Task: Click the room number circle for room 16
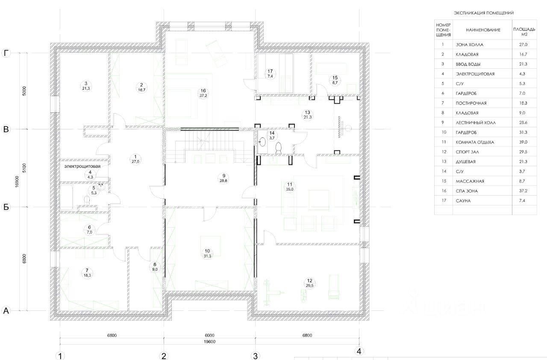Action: (203, 93)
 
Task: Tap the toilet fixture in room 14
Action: (278, 148)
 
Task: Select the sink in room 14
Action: (262, 142)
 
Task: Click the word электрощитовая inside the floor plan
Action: (82, 166)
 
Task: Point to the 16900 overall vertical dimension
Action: (17, 181)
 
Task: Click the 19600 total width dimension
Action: (209, 342)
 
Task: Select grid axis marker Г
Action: (6, 53)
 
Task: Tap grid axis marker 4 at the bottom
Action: (359, 351)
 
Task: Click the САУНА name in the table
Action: (463, 201)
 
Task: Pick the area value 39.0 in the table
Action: (523, 142)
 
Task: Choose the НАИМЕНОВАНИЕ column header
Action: (483, 30)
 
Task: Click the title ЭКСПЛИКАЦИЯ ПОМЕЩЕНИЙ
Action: (483, 13)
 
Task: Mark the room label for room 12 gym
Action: (310, 283)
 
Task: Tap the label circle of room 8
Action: (155, 267)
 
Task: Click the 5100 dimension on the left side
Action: (24, 168)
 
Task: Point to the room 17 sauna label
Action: (270, 74)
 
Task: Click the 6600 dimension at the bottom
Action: (209, 335)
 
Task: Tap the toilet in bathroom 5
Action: (87, 200)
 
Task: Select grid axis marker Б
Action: (6, 207)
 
